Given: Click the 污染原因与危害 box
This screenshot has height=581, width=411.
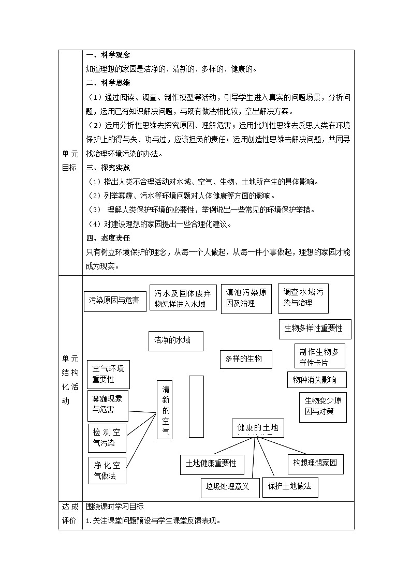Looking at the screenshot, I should pos(114,301).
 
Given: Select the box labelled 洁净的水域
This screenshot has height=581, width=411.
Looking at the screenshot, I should pos(175,340).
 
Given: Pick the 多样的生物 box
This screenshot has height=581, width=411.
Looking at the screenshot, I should pos(246,359).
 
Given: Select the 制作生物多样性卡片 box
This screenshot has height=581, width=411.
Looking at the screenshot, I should pos(319,356).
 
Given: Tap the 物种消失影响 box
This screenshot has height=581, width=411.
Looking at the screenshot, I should pos(317,380).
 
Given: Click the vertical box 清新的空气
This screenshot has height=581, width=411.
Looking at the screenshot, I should pos(166,410).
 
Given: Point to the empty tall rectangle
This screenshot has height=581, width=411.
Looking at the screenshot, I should pos(196,406).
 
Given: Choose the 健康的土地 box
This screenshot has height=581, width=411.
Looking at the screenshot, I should pos(258,428).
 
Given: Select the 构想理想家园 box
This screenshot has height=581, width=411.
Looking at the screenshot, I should pos(315,463).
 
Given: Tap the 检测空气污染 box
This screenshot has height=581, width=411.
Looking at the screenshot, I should pos(107,438).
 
